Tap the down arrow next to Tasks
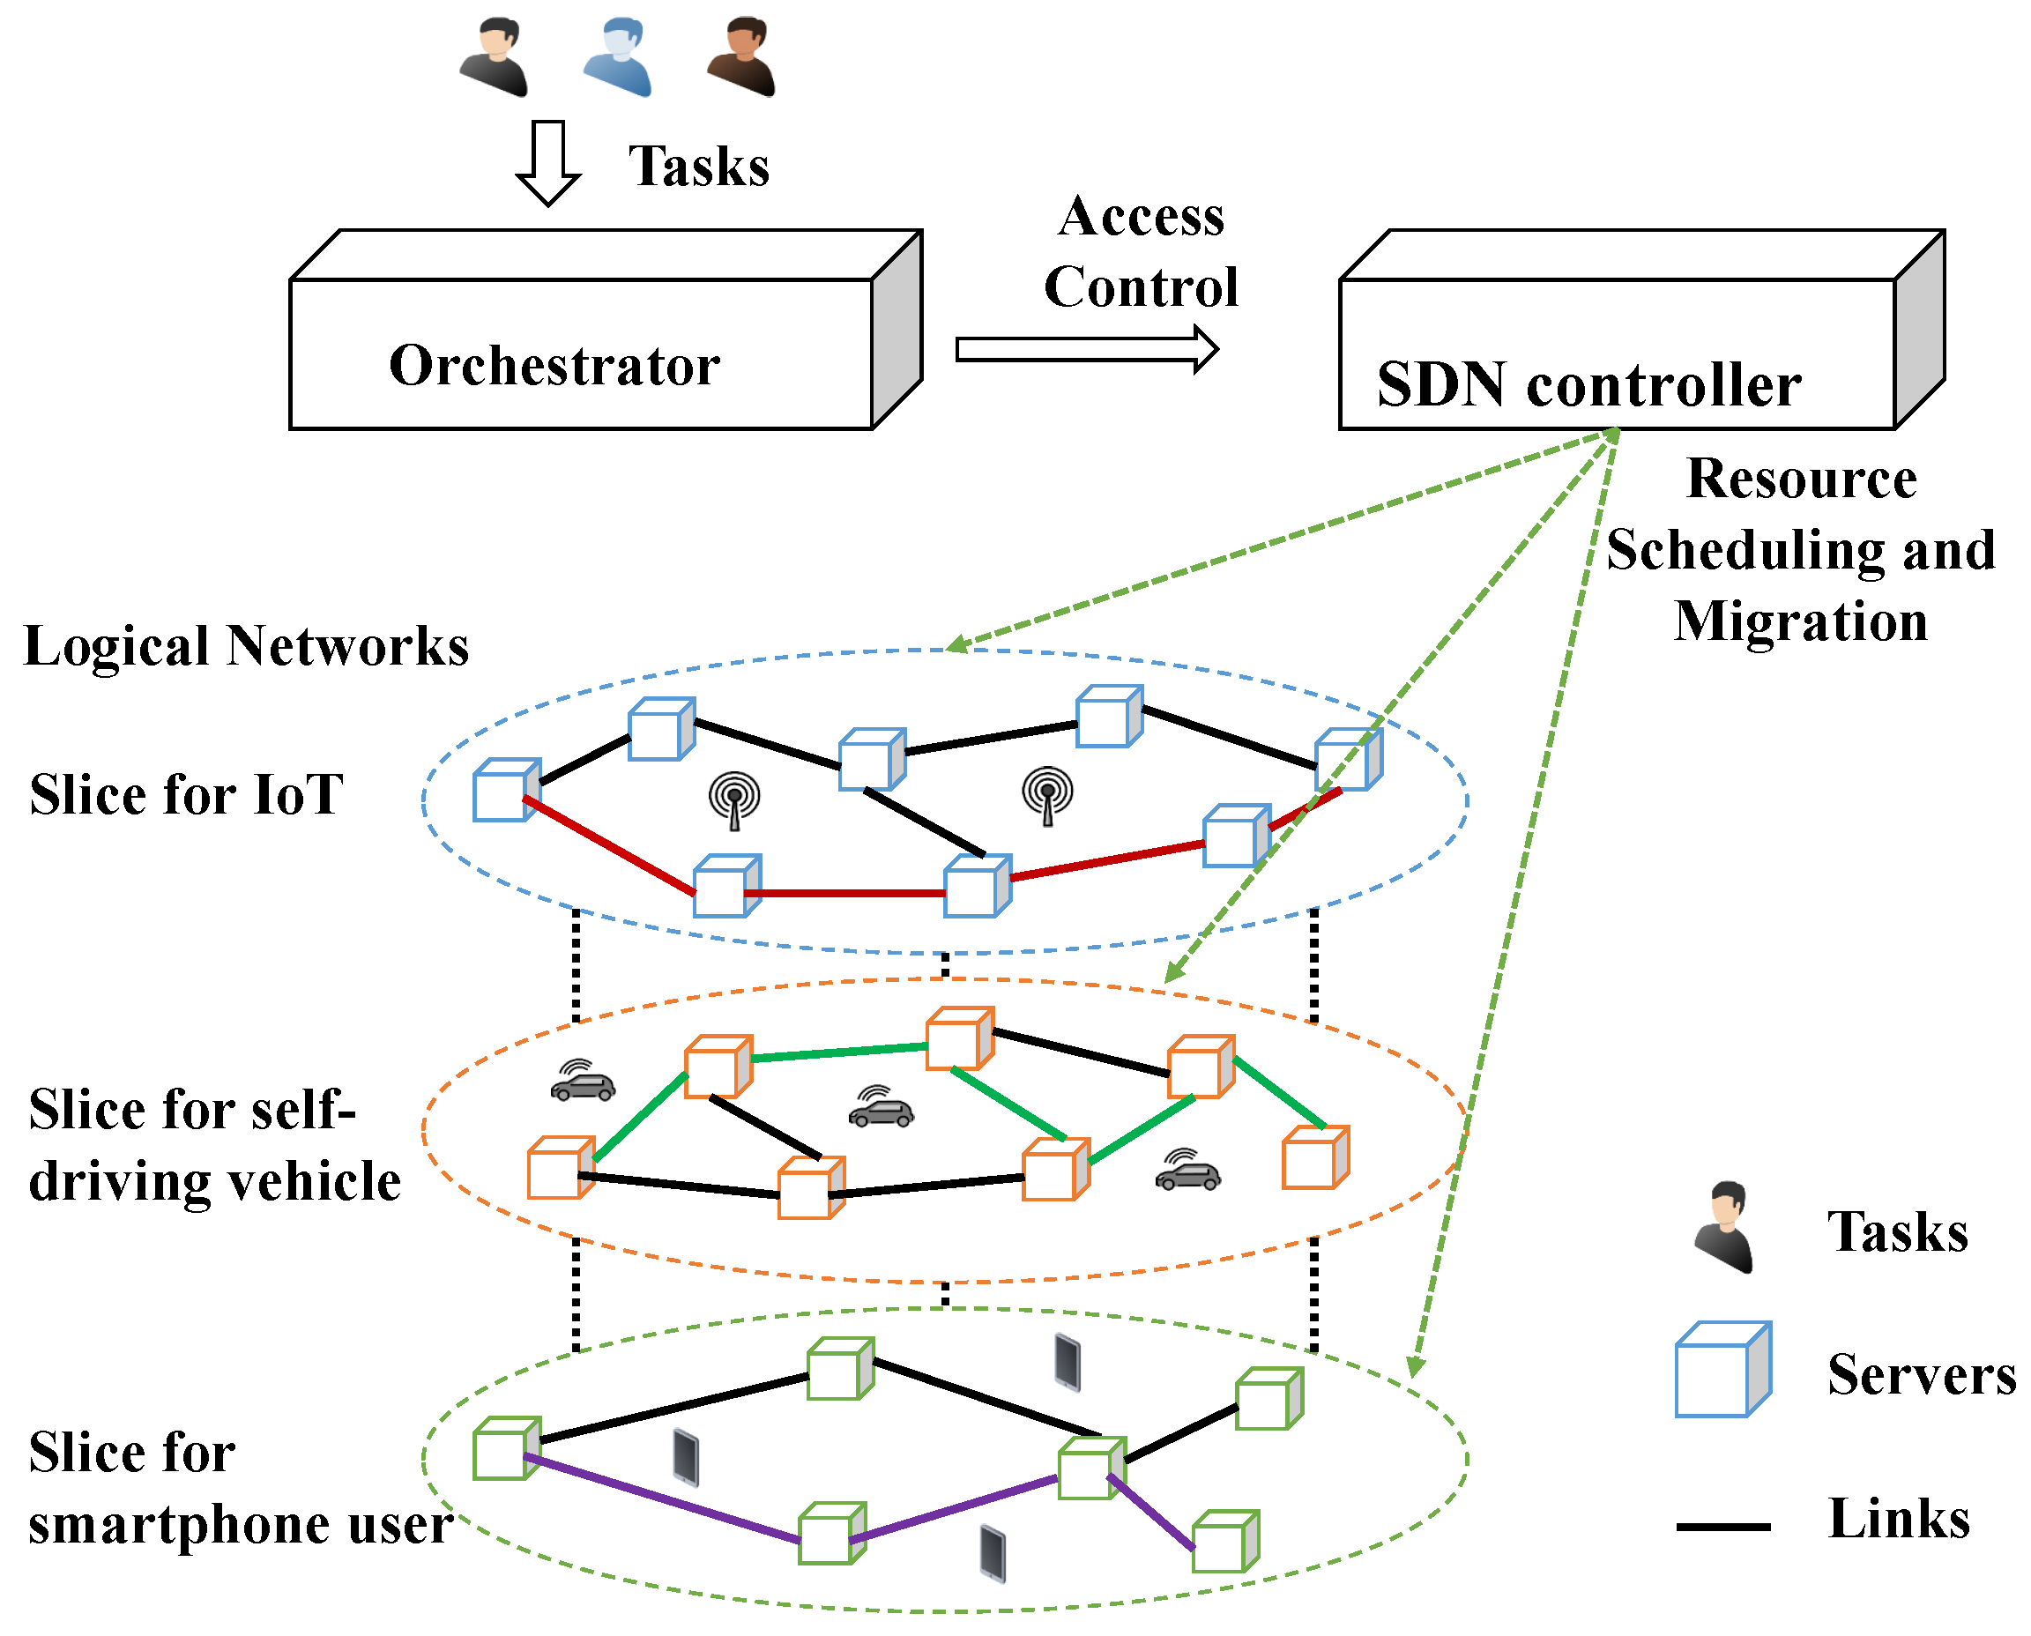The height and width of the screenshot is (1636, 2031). [547, 163]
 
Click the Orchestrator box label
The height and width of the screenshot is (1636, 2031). [554, 366]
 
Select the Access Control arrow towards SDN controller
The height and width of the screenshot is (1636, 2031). [1087, 350]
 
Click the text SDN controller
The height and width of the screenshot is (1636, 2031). [1588, 385]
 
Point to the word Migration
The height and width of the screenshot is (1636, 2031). [1800, 622]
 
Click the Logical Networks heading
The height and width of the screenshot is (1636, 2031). [246, 646]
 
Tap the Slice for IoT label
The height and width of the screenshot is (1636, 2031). [187, 794]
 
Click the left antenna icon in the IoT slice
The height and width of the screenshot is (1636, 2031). [734, 800]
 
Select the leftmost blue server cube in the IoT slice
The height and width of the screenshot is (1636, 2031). [505, 790]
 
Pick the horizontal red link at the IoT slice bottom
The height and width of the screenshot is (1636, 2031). [845, 892]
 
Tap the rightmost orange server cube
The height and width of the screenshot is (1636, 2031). [1314, 1158]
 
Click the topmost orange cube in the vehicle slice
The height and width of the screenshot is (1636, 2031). [958, 1038]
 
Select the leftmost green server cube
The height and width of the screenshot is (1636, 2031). [505, 1448]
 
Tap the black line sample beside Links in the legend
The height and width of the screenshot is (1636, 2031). [1722, 1527]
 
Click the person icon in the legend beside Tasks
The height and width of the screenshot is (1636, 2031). [1723, 1228]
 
